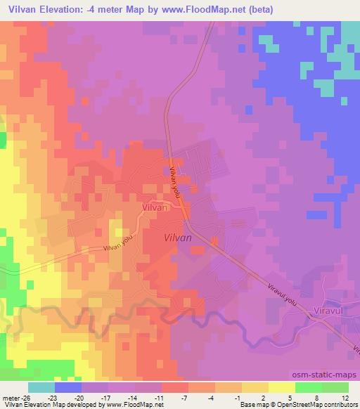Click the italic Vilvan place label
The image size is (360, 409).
(177, 238)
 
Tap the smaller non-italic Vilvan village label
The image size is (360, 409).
(155, 208)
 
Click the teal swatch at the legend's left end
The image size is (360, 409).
(41, 388)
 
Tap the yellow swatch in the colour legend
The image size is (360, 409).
(281, 388)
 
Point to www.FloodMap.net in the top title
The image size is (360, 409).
(203, 10)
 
